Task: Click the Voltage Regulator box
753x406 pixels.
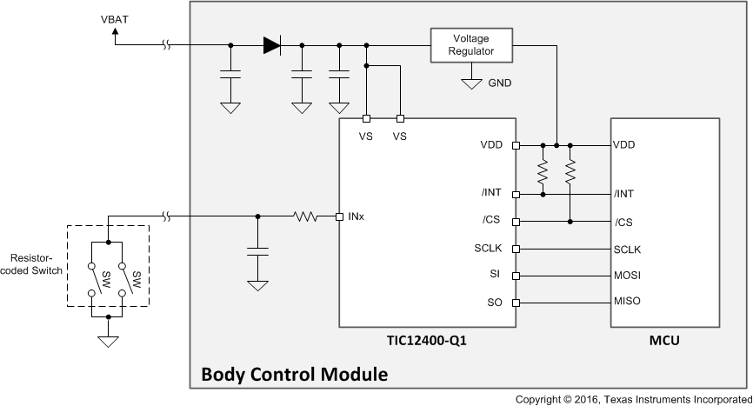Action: (x=470, y=45)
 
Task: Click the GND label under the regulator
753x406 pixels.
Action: (x=500, y=83)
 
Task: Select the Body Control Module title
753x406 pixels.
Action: (x=294, y=376)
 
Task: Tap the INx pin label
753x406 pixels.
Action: (x=356, y=216)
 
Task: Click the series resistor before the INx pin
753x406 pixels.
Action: (x=306, y=216)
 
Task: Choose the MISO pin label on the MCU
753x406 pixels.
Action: (x=627, y=303)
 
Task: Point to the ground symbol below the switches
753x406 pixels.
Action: (x=108, y=340)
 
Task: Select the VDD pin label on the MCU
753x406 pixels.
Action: (x=624, y=145)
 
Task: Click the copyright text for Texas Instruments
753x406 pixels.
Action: (x=632, y=399)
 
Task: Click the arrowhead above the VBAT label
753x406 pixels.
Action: (x=115, y=31)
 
